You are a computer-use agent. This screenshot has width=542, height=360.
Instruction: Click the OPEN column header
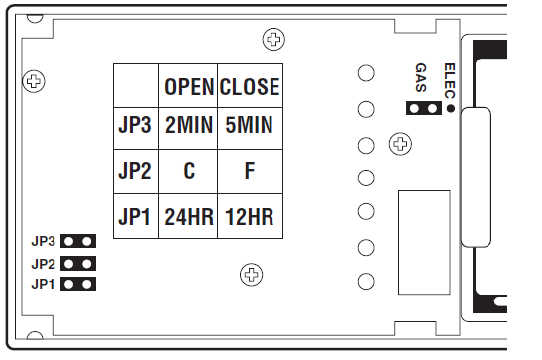pos(188,87)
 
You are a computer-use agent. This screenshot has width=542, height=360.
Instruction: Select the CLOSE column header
pos(249,87)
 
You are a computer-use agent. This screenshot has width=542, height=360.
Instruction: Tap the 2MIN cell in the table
pos(188,128)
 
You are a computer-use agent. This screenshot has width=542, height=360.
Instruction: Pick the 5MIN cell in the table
pos(249,128)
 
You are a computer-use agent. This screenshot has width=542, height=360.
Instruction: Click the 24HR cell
pos(188,215)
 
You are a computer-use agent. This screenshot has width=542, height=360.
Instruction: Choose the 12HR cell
pos(249,215)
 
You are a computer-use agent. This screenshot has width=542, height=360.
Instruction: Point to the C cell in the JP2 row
pos(188,171)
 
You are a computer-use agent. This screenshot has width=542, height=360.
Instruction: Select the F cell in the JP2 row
pos(249,171)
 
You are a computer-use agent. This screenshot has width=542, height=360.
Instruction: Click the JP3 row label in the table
pos(134,128)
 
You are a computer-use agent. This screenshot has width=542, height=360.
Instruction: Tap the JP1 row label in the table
pos(134,215)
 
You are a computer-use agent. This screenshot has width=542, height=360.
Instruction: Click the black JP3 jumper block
pos(79,241)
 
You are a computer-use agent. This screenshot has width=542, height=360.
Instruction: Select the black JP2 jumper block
pos(79,264)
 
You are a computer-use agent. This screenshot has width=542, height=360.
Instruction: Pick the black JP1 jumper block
pos(79,285)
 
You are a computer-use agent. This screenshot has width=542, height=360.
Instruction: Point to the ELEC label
pos(449,77)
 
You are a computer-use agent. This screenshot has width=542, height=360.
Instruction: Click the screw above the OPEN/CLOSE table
pos(273,40)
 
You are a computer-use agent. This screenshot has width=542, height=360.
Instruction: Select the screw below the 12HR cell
pos(252,274)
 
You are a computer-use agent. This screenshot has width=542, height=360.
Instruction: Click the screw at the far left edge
pos(35,81)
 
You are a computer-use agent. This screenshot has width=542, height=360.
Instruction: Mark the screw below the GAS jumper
pos(401,144)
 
